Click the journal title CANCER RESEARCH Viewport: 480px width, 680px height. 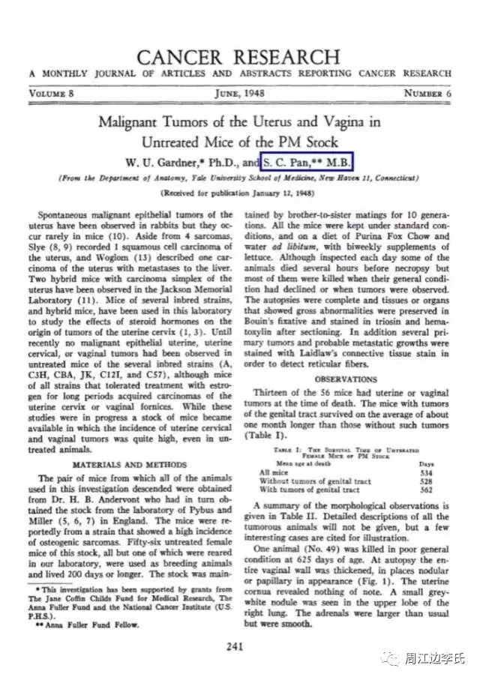(x=238, y=57)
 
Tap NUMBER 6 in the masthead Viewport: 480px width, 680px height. (x=427, y=94)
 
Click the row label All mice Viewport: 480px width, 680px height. (x=274, y=473)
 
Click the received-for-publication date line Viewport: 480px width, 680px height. (x=239, y=191)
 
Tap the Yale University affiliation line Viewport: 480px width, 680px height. (x=239, y=178)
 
